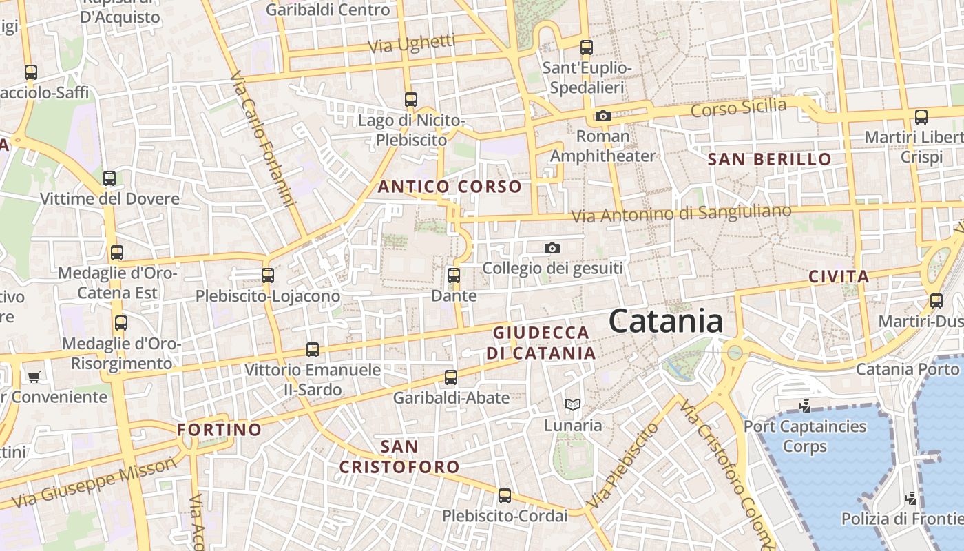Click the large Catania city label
pyautogui.click(x=666, y=322)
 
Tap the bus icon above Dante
pyautogui.click(x=453, y=275)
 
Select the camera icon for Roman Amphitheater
pyautogui.click(x=603, y=116)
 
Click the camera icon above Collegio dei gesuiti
pyautogui.click(x=552, y=248)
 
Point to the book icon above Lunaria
pyautogui.click(x=572, y=405)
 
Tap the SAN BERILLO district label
pyautogui.click(x=770, y=159)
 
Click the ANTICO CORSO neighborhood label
pyautogui.click(x=450, y=187)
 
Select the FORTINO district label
pyautogui.click(x=220, y=430)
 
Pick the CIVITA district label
pyautogui.click(x=839, y=277)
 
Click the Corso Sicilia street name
pyautogui.click(x=738, y=108)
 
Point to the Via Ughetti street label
pyautogui.click(x=412, y=45)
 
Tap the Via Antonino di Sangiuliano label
pyautogui.click(x=682, y=214)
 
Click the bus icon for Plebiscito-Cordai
pyautogui.click(x=505, y=496)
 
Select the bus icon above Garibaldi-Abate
pyautogui.click(x=451, y=377)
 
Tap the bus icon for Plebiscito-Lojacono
pyautogui.click(x=268, y=275)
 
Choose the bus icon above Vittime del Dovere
pyautogui.click(x=109, y=179)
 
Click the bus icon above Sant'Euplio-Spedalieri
pyautogui.click(x=587, y=48)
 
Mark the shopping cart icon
pyautogui.click(x=34, y=377)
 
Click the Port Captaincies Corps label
pyautogui.click(x=805, y=436)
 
